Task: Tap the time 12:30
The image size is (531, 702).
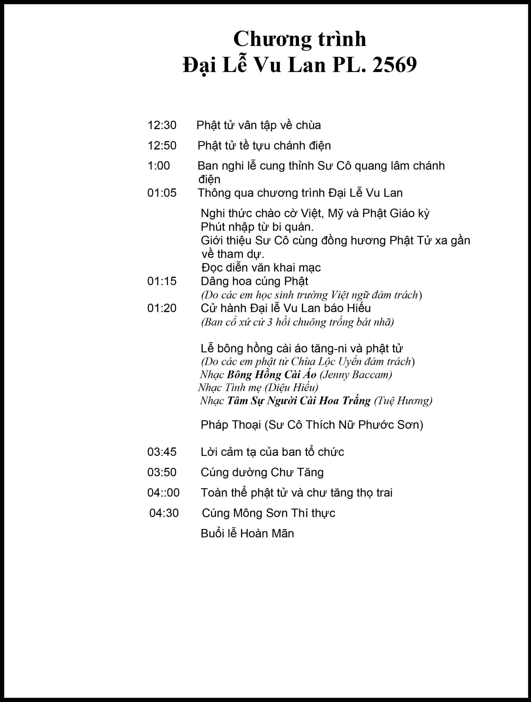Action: click(162, 125)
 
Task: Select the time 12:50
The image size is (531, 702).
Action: click(162, 146)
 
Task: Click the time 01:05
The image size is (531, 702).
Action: click(162, 193)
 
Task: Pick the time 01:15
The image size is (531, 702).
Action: click(162, 281)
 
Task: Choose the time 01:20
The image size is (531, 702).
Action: click(162, 308)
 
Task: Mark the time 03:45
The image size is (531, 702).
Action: click(162, 452)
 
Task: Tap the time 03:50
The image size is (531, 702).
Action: click(162, 472)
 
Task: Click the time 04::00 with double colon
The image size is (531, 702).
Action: click(163, 492)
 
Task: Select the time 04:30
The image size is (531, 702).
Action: click(164, 513)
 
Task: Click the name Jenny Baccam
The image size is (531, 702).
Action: click(356, 375)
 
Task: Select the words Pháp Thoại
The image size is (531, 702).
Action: click(231, 425)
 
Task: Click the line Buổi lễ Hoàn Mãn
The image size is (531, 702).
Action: click(247, 533)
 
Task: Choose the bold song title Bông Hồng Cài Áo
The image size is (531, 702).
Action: click(272, 375)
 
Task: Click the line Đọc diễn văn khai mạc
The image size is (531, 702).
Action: click(261, 268)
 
